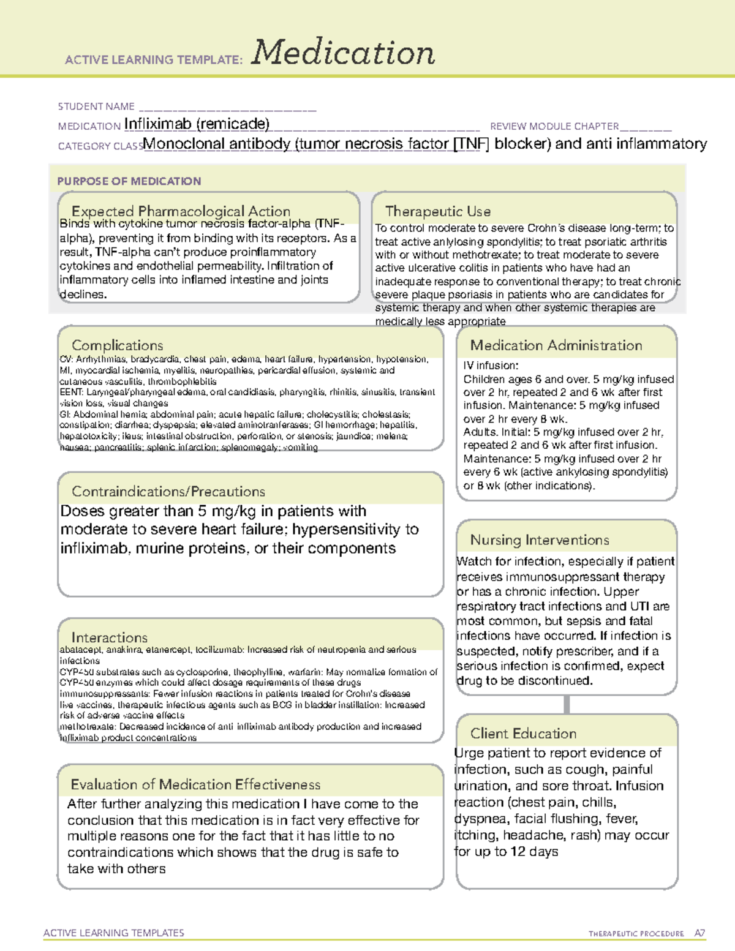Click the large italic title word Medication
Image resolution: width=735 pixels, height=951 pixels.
[343, 53]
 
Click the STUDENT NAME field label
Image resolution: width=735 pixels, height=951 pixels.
[96, 107]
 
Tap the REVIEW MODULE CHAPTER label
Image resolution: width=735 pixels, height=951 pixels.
[554, 126]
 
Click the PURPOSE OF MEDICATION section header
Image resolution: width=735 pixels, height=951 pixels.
[129, 181]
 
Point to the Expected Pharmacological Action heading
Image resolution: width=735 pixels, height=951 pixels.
[181, 211]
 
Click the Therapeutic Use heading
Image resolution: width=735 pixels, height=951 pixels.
[438, 211]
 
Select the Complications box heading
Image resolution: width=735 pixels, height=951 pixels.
[118, 345]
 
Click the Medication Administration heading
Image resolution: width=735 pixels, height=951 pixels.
[556, 345]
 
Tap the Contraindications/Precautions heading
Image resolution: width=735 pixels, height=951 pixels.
[168, 492]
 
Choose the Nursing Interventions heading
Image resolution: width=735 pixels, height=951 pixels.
[540, 540]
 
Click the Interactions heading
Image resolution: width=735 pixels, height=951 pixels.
[110, 637]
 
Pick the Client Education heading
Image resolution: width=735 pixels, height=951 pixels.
[524, 734]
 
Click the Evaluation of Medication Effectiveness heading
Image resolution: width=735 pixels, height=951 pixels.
[195, 784]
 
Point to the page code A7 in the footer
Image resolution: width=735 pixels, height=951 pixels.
[699, 933]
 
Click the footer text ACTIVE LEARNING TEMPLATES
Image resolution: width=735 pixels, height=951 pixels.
[114, 933]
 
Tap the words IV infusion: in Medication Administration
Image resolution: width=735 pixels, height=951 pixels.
[491, 366]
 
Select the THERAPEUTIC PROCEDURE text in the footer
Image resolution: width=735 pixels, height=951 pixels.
[636, 934]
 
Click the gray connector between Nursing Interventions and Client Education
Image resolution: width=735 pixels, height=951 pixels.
[567, 704]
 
